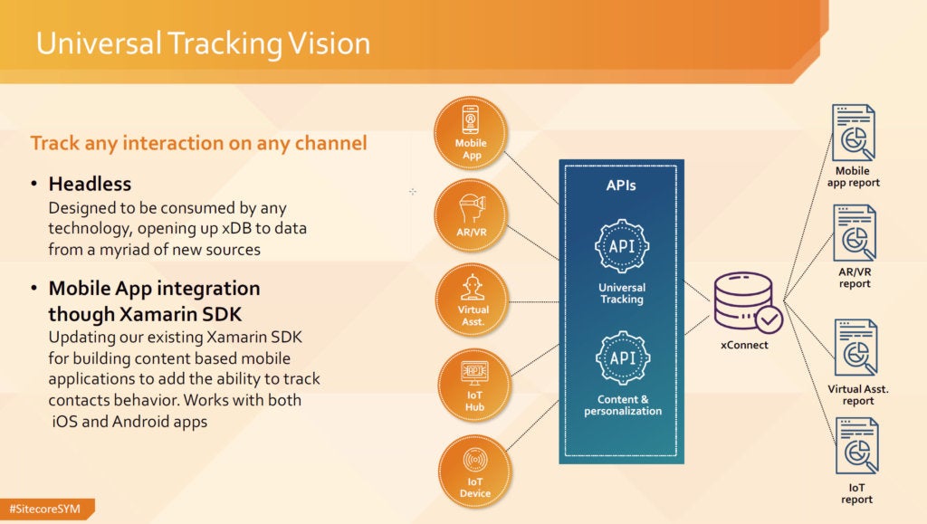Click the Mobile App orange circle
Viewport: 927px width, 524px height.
point(471,134)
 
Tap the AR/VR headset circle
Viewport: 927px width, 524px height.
point(471,215)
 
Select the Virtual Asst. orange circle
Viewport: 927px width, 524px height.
point(473,300)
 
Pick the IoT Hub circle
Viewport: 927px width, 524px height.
point(474,386)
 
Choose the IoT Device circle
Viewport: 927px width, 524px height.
point(474,472)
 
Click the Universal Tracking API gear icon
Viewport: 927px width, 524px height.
point(622,246)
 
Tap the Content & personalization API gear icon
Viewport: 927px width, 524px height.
point(623,358)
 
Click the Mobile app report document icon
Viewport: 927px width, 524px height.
point(853,133)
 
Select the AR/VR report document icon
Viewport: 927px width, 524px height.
point(855,233)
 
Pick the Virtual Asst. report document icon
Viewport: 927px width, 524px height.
point(855,348)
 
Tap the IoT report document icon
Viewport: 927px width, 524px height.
point(856,446)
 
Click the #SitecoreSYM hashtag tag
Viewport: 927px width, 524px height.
point(46,509)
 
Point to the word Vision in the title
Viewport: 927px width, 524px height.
point(329,43)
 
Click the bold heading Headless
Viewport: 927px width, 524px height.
point(90,184)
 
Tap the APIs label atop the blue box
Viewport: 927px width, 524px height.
point(621,186)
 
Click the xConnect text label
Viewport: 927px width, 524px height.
point(744,345)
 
